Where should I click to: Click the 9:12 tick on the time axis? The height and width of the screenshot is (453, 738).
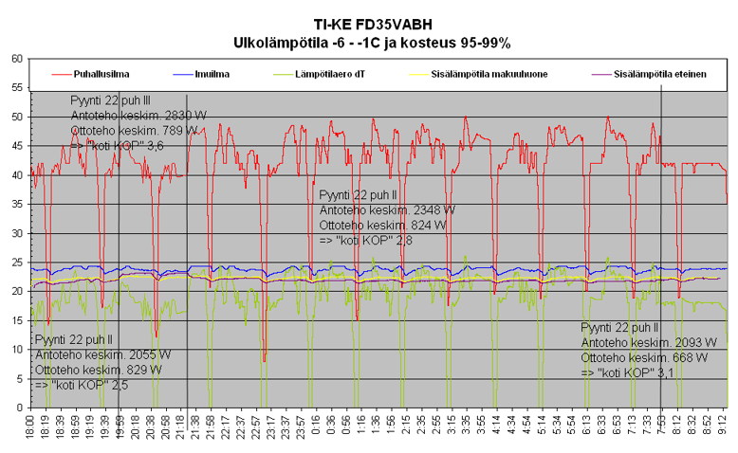[723, 426]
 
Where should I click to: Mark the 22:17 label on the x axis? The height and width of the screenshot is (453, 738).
[225, 426]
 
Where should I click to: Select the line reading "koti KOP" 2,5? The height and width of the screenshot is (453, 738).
[82, 385]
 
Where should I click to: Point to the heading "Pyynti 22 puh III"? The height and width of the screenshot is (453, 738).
[110, 100]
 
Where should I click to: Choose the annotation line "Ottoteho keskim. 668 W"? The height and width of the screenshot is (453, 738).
[643, 357]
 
